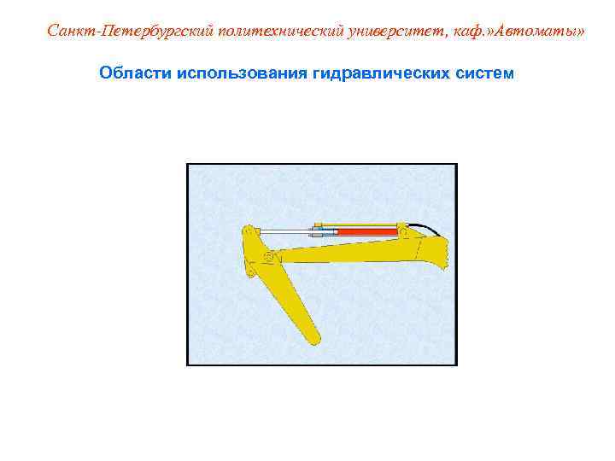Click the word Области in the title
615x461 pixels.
pos(135,73)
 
